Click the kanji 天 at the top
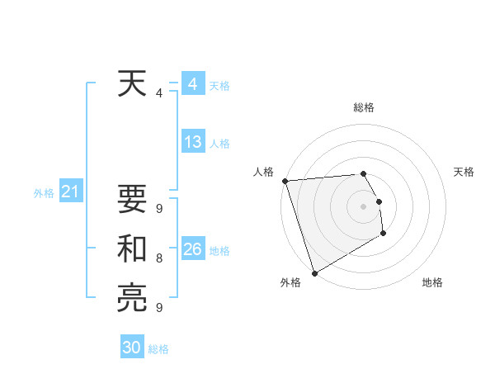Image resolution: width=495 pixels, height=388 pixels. click(x=132, y=84)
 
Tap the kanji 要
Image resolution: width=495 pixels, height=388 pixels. click(x=132, y=201)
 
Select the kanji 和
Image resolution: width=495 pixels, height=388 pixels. click(x=132, y=249)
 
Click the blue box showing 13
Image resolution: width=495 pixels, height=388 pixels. click(x=193, y=142)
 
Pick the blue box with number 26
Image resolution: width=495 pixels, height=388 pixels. click(x=193, y=249)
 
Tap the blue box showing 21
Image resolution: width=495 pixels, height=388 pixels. click(x=70, y=192)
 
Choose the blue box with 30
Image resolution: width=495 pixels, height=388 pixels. click(x=132, y=348)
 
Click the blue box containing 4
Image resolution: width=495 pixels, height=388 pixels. click(x=193, y=84)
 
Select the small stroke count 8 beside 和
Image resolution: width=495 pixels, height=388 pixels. click(x=158, y=258)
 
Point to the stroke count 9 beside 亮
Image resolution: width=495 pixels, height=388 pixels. click(x=158, y=308)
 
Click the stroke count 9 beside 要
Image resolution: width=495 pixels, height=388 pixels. click(x=158, y=209)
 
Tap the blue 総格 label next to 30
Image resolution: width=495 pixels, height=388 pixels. click(x=159, y=349)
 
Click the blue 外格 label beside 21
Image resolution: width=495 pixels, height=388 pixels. click(x=44, y=193)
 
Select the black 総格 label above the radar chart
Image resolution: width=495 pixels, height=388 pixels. click(x=364, y=107)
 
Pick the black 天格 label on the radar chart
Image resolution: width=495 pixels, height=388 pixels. click(x=464, y=172)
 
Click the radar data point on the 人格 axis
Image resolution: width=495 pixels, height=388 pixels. click(x=285, y=181)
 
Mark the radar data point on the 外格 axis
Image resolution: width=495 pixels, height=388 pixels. click(x=314, y=273)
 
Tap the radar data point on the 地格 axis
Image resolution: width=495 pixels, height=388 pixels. click(x=384, y=234)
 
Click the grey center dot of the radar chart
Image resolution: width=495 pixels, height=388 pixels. click(x=364, y=206)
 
